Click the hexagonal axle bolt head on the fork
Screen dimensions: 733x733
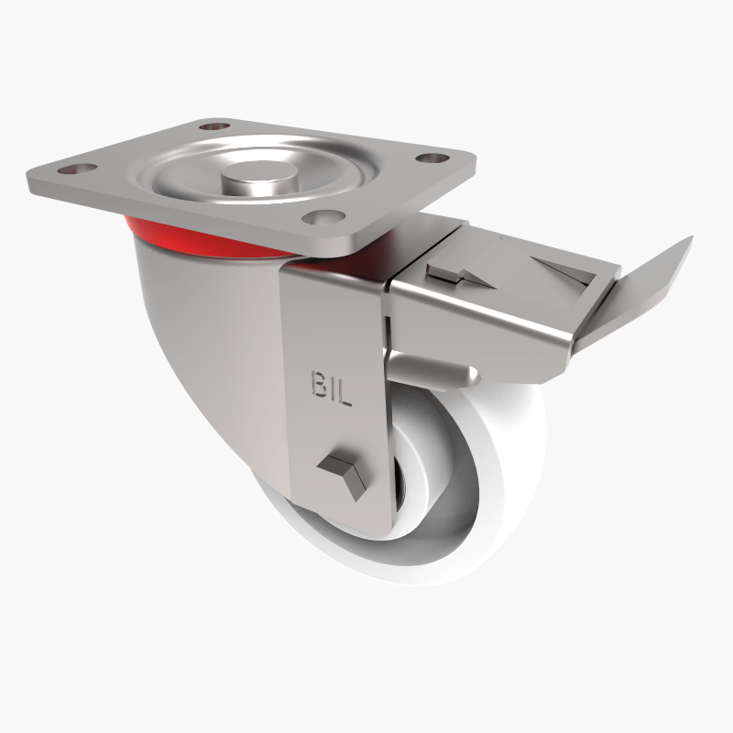click(x=342, y=476)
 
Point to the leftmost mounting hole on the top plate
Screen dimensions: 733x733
click(x=76, y=170)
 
